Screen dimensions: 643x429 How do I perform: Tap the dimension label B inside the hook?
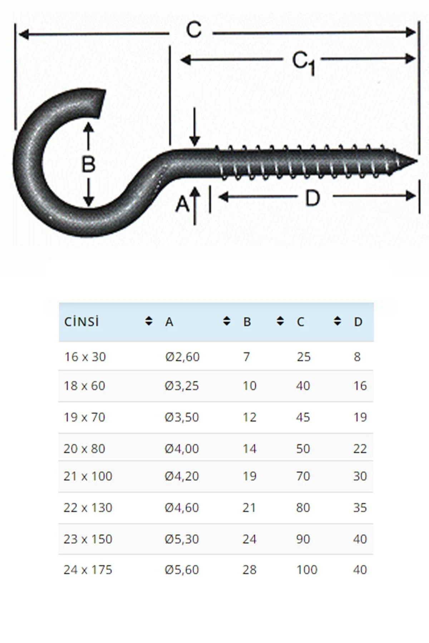(88, 164)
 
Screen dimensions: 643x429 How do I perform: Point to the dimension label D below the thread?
(312, 198)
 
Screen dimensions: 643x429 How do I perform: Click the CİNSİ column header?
(82, 322)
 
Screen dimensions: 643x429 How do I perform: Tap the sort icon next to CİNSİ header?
(149, 321)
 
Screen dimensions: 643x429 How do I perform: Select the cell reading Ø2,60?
(182, 357)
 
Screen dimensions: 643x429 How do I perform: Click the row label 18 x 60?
(84, 386)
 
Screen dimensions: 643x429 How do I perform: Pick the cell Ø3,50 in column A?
(182, 417)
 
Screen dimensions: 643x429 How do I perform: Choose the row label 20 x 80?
(84, 449)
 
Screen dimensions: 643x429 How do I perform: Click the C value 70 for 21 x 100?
(303, 476)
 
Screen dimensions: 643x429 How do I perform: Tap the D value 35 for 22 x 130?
(360, 508)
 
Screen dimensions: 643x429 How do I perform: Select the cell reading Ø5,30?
(182, 539)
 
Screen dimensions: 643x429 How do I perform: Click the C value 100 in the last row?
(307, 570)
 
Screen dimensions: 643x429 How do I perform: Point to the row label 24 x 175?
(88, 570)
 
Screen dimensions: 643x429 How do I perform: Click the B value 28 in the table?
(249, 570)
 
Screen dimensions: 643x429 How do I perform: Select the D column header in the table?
(358, 322)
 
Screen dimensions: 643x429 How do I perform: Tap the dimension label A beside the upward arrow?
(182, 204)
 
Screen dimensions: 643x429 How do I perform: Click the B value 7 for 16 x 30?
(246, 357)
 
